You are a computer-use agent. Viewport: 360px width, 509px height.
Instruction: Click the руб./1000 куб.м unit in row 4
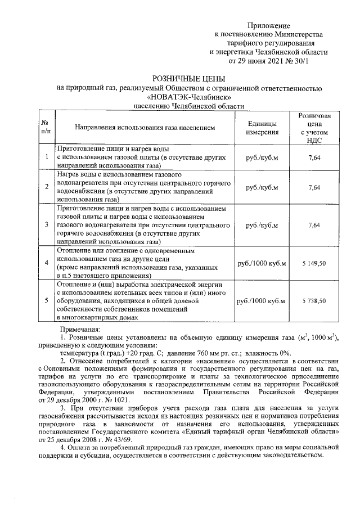pos(262,263)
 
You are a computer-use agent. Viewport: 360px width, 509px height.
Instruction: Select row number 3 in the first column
pos(46,225)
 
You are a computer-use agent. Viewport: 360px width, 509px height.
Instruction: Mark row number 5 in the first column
pos(46,301)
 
